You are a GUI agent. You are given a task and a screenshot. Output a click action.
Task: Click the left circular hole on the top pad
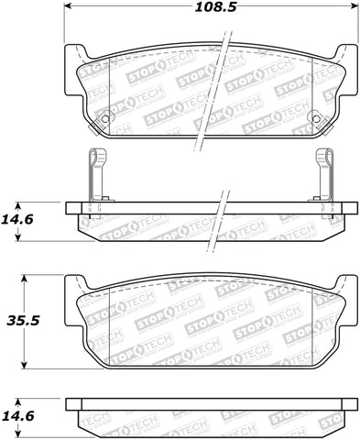click(105, 116)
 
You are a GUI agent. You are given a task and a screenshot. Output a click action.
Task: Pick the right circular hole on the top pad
click(316, 116)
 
